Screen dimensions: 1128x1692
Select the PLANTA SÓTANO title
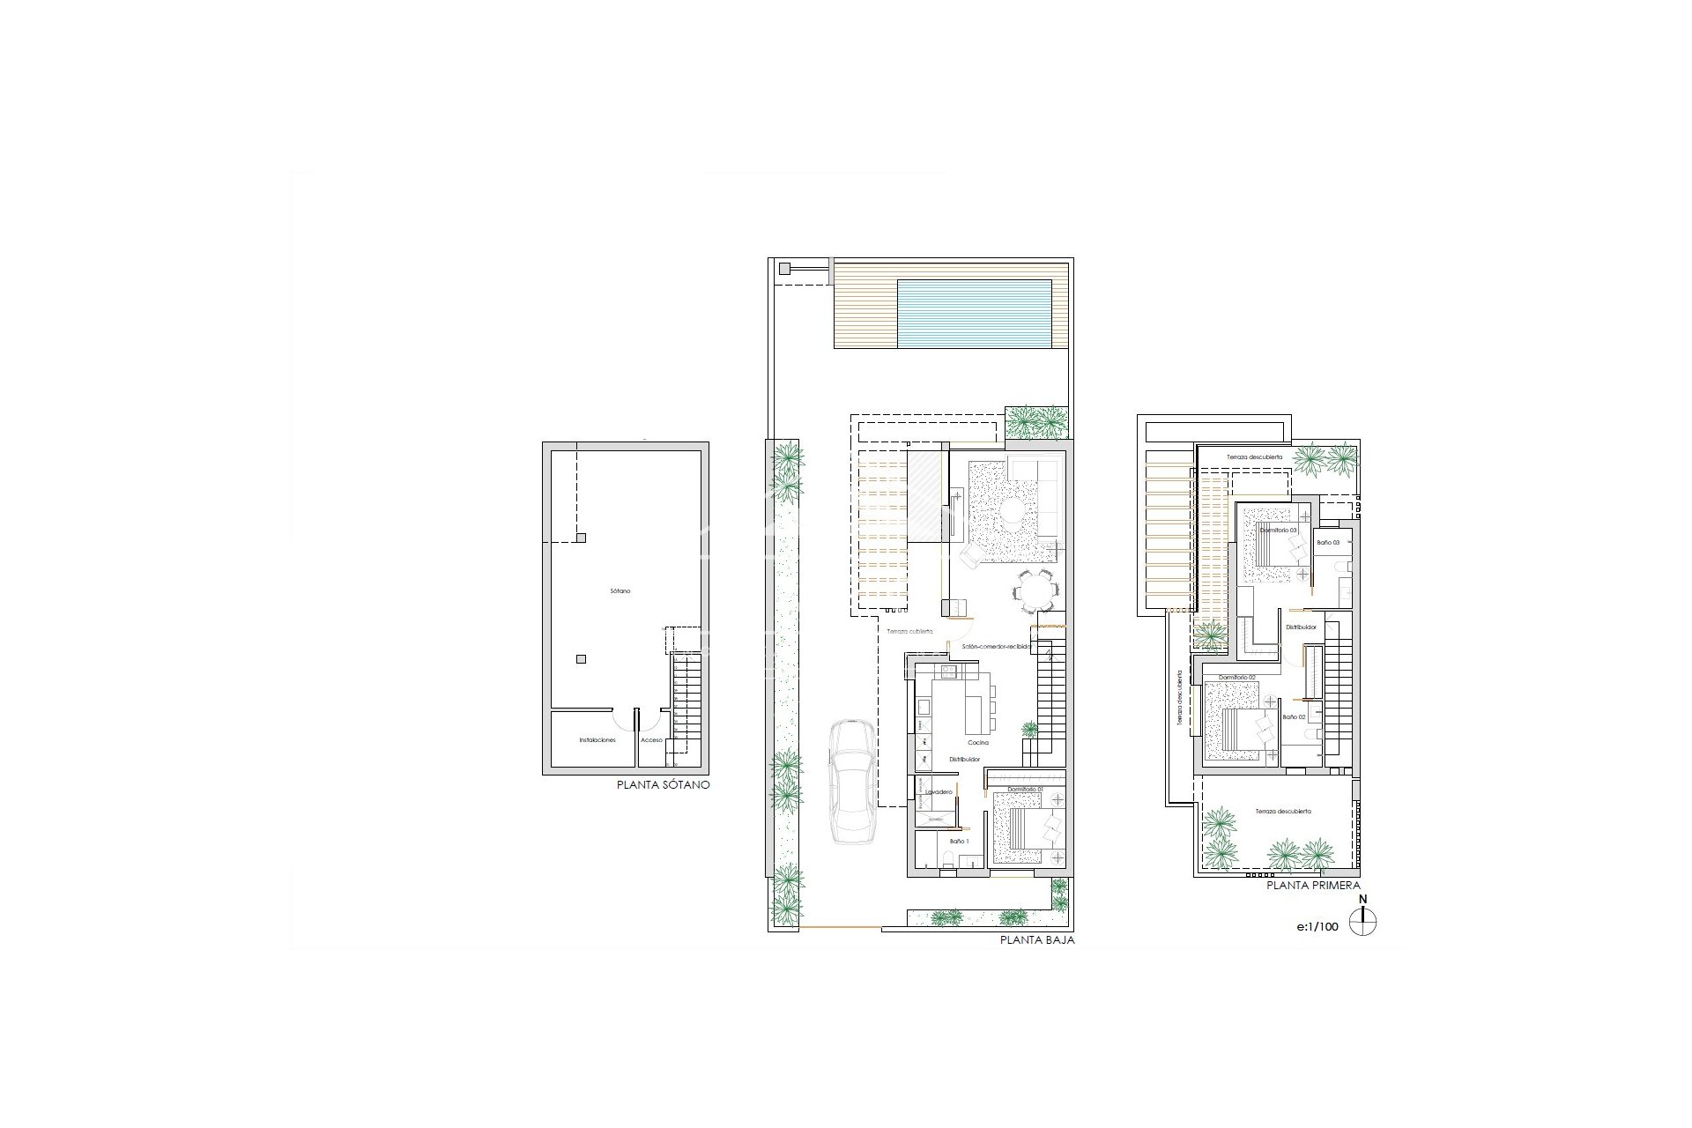coord(664,784)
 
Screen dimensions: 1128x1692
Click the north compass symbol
coord(1362,924)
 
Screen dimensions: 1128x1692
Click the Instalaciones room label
coord(597,740)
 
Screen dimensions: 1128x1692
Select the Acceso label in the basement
coord(651,740)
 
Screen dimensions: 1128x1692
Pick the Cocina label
coord(976,743)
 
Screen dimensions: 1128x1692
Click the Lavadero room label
coord(940,792)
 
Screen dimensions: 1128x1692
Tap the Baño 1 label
coord(958,842)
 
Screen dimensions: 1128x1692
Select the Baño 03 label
coord(1328,543)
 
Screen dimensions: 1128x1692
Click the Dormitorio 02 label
coord(1236,677)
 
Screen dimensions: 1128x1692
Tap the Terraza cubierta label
coord(909,632)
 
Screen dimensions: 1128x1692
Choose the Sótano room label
coord(620,591)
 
